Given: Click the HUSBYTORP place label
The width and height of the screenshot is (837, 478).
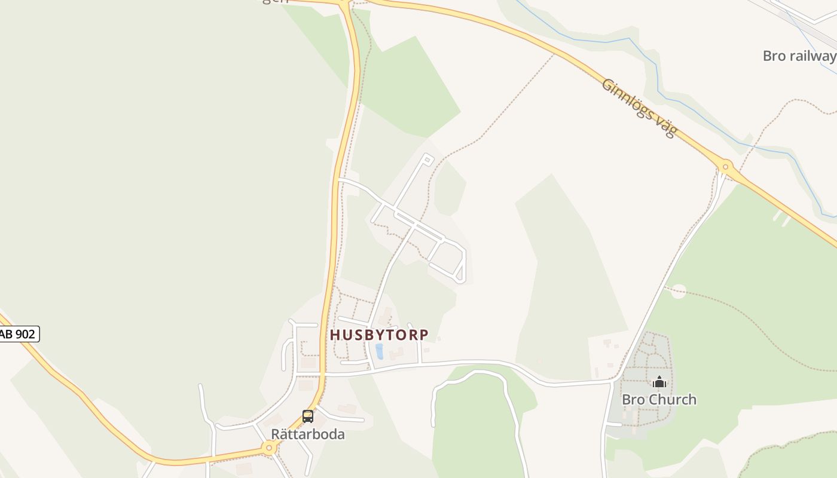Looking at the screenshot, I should coord(379,335).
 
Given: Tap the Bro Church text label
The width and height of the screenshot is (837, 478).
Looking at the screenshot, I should coord(659,399).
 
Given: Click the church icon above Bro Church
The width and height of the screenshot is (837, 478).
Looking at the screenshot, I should coord(659,382).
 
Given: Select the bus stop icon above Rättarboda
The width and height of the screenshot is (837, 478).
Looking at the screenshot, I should coord(308,416).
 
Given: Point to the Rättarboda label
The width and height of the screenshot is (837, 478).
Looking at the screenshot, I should coord(308,434).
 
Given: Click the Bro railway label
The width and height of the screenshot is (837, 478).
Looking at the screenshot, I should coord(799,56).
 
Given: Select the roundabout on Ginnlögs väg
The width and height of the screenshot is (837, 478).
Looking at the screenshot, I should coord(726,167).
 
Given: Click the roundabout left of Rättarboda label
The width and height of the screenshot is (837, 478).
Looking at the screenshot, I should coord(268,448).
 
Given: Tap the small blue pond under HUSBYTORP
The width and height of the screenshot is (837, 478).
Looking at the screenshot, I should coord(379,351).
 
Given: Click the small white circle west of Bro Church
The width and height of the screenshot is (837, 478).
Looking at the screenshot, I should coord(678,292).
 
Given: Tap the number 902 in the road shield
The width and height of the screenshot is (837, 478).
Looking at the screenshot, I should coord(25,334).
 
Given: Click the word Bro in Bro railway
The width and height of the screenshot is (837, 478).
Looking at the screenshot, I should coord(774,56).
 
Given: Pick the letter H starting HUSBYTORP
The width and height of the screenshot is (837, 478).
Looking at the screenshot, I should coord(335,335).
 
